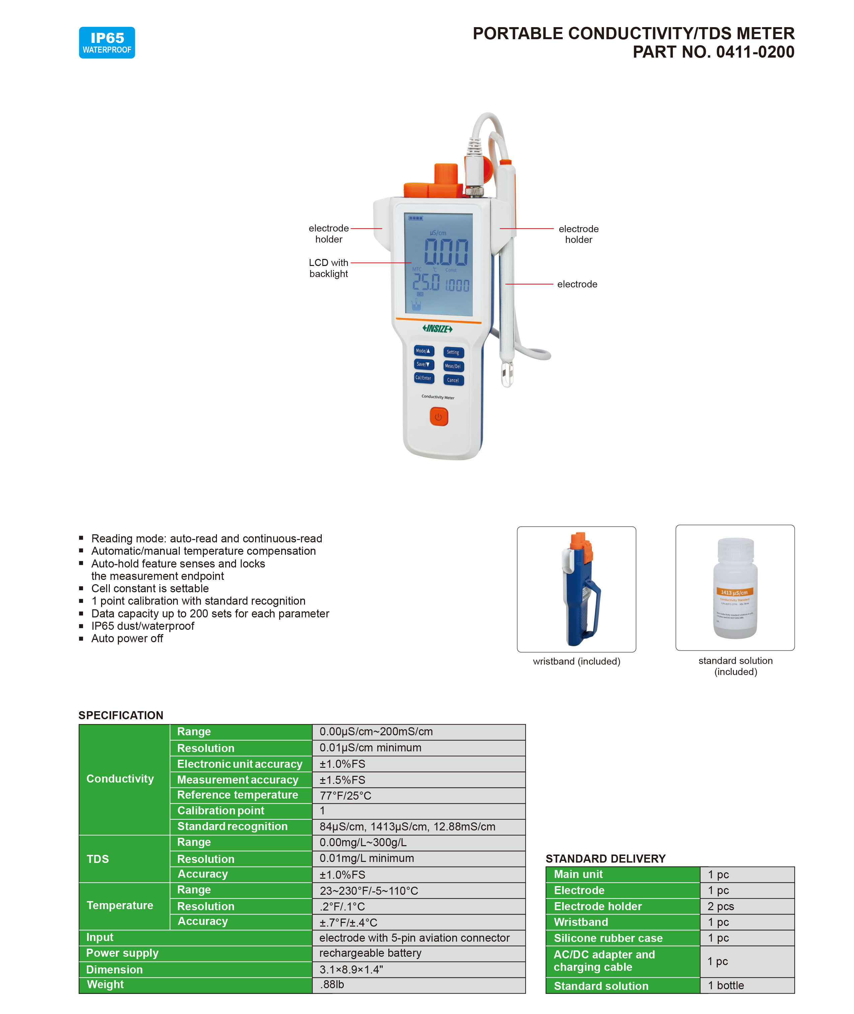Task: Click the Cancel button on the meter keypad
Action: coord(453,380)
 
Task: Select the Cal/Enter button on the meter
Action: coord(423,378)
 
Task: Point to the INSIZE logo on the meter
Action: coord(437,329)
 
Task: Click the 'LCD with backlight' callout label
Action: coord(329,268)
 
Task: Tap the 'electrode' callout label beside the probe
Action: coord(577,284)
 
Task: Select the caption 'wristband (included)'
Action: coord(576,661)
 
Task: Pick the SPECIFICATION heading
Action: coord(121,715)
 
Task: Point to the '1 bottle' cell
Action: coord(726,986)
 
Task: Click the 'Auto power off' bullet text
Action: coord(127,638)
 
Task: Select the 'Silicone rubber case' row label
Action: coord(608,938)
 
